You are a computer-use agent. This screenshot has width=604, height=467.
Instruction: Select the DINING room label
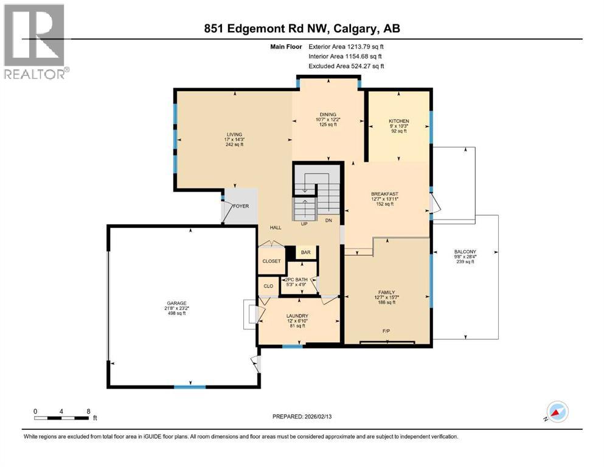click(x=328, y=114)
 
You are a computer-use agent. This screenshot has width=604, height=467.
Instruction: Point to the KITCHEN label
click(x=398, y=121)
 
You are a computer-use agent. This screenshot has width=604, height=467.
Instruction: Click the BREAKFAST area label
click(x=384, y=194)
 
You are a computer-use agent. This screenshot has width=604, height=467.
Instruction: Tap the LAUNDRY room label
click(x=298, y=316)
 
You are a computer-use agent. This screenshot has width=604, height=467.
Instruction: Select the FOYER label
click(x=241, y=206)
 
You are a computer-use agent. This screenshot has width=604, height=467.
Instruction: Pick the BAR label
click(x=306, y=252)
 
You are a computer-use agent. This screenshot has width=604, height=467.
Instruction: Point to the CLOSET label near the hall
click(x=271, y=261)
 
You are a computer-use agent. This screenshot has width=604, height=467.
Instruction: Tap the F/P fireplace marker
click(x=386, y=331)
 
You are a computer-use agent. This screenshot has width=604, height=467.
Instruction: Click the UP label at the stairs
click(x=304, y=224)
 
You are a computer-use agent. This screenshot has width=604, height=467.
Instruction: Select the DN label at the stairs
click(x=328, y=220)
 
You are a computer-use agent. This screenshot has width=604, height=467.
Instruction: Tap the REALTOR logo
click(x=36, y=42)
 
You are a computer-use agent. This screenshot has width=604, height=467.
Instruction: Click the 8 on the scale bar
click(x=89, y=411)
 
